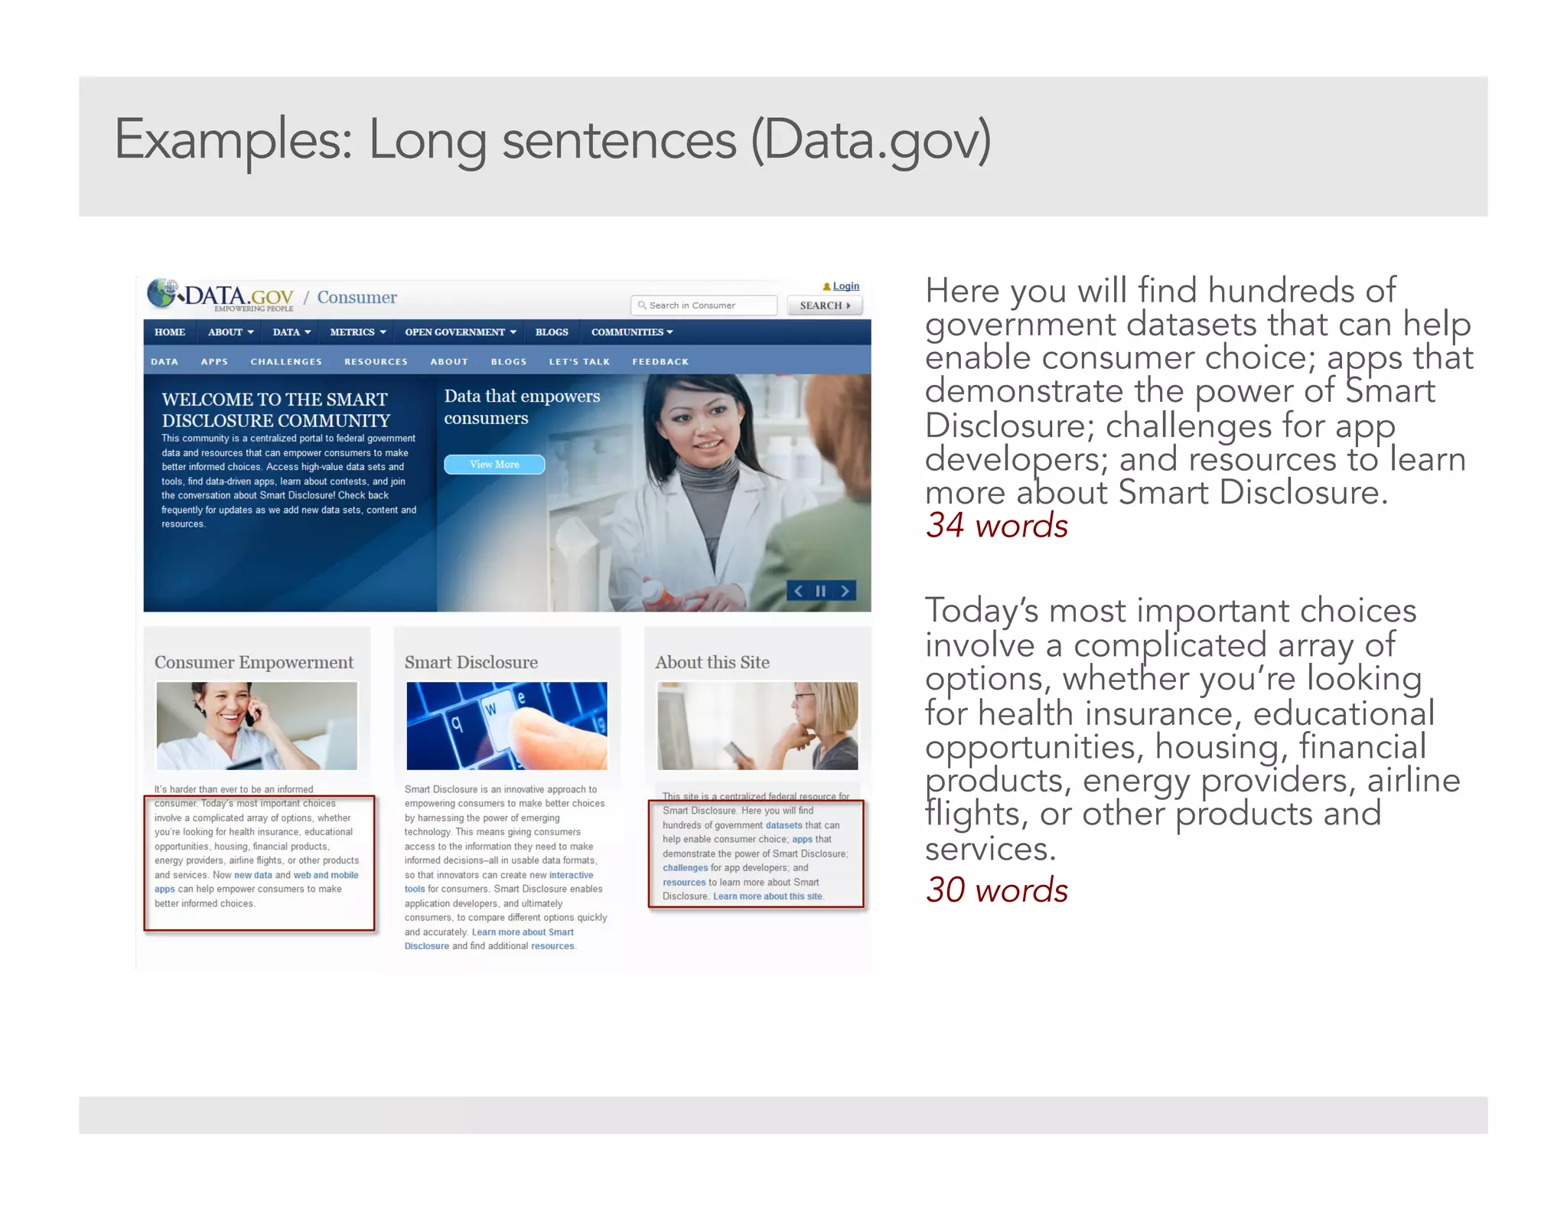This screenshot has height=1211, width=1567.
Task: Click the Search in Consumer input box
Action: point(704,305)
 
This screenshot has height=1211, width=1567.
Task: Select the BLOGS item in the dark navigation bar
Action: point(552,332)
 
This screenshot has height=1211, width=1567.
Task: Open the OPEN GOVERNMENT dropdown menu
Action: point(460,332)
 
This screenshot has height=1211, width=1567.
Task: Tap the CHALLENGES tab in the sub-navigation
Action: point(286,361)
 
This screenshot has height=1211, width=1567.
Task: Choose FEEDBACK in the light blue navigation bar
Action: point(660,361)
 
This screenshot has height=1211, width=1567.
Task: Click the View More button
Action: point(494,465)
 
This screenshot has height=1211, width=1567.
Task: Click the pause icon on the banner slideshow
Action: point(820,591)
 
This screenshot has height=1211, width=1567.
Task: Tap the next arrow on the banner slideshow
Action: point(845,591)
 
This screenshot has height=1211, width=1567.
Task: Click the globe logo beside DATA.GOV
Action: point(161,293)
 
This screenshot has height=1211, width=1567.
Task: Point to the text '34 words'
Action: point(996,526)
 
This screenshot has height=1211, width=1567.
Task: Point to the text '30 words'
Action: point(996,890)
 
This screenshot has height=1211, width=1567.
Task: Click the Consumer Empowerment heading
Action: point(254,662)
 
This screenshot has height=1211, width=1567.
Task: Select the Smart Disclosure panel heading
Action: point(471,662)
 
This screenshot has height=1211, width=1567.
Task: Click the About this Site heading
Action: point(712,662)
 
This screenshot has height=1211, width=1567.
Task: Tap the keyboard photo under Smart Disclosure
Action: point(507,726)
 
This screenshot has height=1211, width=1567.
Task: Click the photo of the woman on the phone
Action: point(256,726)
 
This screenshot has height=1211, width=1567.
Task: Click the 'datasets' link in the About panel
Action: point(783,825)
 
